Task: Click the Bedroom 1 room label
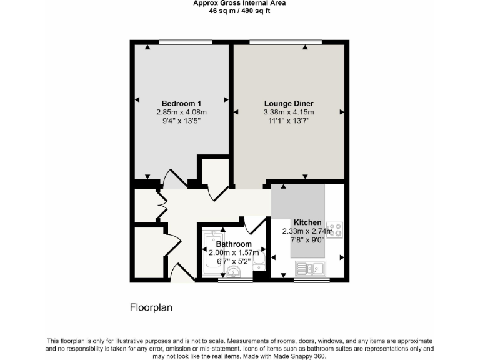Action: click(x=181, y=103)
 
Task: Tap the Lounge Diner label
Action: click(x=289, y=103)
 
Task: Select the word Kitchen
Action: click(x=307, y=222)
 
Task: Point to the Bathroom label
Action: click(x=234, y=244)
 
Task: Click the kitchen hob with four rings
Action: click(x=334, y=229)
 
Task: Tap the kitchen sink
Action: click(x=310, y=269)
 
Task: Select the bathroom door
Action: click(x=253, y=225)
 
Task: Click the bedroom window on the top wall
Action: click(x=184, y=42)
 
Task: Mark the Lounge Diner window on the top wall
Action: click(x=286, y=42)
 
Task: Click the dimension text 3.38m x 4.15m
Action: click(x=289, y=112)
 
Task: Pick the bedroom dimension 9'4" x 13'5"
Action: click(x=181, y=121)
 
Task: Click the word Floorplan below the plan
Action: click(x=151, y=307)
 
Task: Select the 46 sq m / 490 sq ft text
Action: click(x=240, y=11)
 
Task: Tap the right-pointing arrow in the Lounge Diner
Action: click(x=342, y=112)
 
